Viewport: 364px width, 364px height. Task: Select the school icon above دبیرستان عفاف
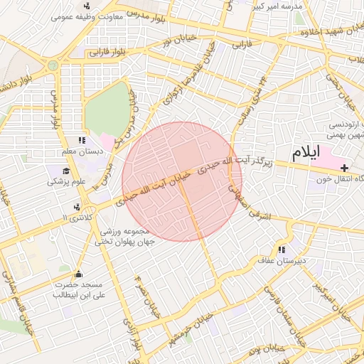coord(282,250)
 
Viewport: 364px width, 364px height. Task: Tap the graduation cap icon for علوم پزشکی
coord(66,171)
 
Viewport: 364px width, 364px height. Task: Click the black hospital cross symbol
coord(345,168)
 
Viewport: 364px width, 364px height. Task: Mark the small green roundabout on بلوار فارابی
coord(53,65)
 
